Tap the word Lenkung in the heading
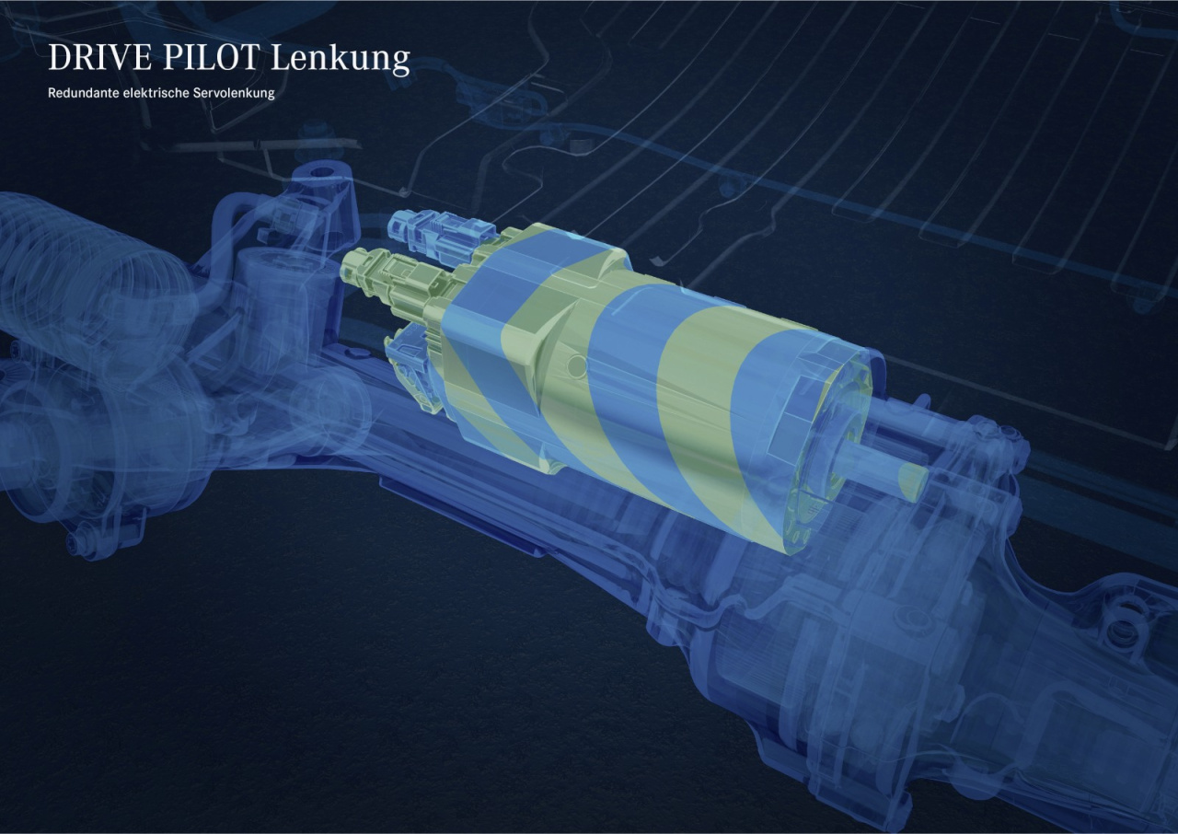point(341,59)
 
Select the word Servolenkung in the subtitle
point(234,94)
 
